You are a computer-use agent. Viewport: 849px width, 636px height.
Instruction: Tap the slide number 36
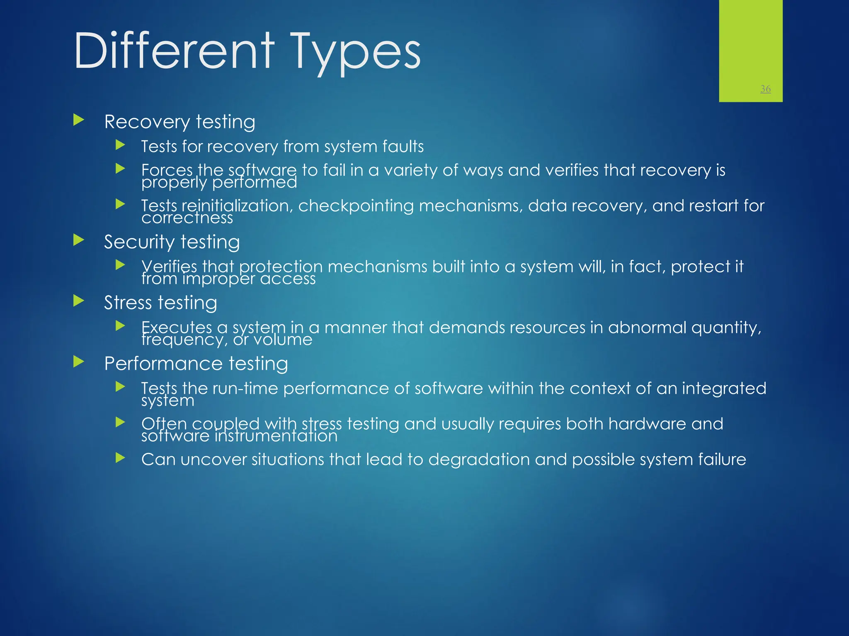(x=765, y=89)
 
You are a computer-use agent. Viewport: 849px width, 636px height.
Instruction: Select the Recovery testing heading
(x=180, y=122)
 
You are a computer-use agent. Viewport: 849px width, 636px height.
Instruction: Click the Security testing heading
(x=172, y=242)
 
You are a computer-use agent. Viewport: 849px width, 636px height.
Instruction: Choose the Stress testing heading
(x=160, y=303)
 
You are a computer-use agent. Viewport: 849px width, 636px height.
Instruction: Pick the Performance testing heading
(x=196, y=364)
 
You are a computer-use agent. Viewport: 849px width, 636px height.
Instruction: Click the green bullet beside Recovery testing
(x=78, y=120)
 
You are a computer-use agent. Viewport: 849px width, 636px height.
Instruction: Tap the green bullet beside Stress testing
(x=78, y=301)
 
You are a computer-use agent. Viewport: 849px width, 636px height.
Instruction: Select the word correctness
(x=187, y=218)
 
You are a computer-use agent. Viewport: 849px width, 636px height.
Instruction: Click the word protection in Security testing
(x=281, y=267)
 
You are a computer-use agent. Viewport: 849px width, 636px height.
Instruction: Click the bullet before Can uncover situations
(x=120, y=458)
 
